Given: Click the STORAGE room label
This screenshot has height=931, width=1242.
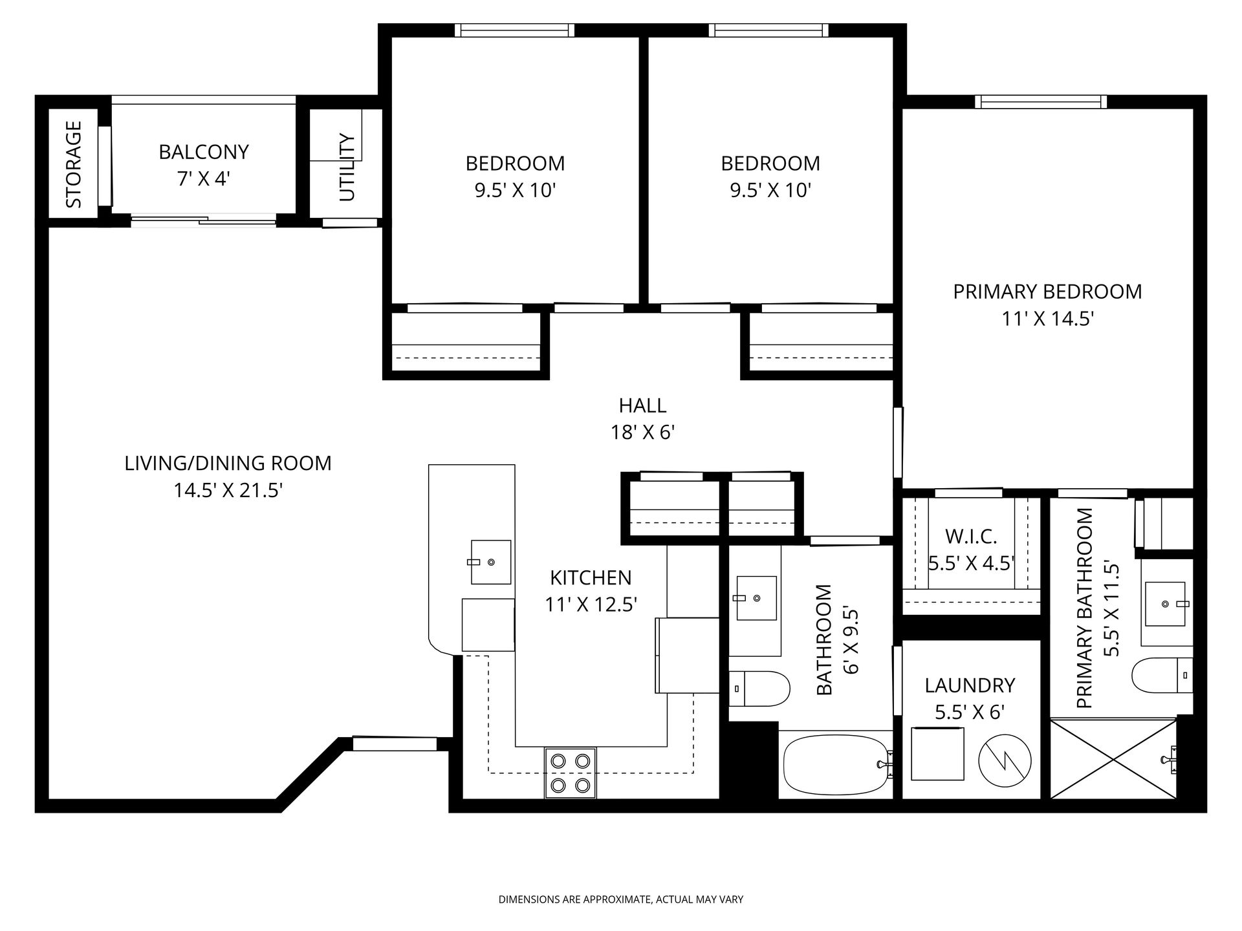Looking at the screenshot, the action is point(74,165).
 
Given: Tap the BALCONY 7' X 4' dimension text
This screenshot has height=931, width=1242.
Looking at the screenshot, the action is point(204,179).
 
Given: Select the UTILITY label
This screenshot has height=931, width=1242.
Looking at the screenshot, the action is point(347,167).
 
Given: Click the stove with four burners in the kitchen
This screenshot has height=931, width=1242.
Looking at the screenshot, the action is point(570,773).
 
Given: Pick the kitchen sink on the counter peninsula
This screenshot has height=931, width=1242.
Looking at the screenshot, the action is point(491,562).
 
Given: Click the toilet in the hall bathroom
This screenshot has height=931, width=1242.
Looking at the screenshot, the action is point(759,689).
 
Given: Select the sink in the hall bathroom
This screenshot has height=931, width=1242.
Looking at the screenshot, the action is point(756,598).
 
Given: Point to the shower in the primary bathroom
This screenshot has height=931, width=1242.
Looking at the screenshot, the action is point(1113,758).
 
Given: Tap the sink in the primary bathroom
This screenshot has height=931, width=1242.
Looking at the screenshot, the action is point(1166,604).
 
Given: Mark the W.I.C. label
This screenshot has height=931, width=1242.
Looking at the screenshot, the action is point(971,536).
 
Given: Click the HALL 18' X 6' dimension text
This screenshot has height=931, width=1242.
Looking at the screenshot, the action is point(643,432).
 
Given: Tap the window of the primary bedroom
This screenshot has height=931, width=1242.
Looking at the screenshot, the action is point(1041,102).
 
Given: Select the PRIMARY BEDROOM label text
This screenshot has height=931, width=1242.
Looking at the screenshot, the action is point(1047,292).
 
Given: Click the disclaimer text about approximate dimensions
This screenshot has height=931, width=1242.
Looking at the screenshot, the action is point(621,899).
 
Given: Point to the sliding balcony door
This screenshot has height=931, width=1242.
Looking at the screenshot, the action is point(204,220).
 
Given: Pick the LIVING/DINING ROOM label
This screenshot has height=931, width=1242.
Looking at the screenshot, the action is point(228,464).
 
